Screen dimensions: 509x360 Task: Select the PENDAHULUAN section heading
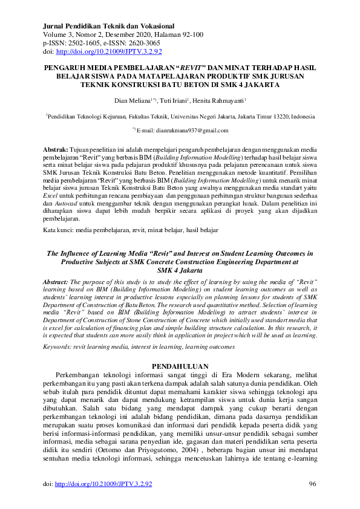pos(180,366)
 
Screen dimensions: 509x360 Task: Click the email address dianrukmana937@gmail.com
pos(189,131)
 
